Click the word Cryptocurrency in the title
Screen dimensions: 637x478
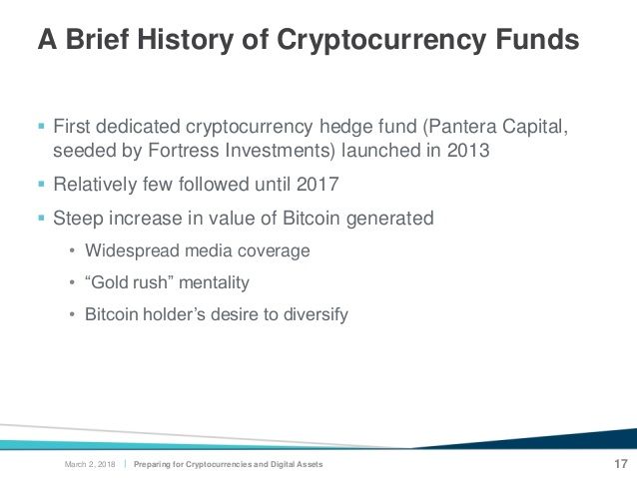coord(381,41)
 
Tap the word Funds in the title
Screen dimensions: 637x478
coord(537,39)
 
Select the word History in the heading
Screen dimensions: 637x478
coord(186,40)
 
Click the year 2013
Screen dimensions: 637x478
coord(468,151)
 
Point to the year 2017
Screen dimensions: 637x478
coord(318,184)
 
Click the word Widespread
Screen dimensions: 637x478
coord(132,250)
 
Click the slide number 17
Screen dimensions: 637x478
coord(621,464)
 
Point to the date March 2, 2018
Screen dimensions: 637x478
coord(90,464)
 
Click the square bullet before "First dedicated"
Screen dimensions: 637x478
coord(41,126)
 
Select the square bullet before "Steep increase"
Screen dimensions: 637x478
coord(41,219)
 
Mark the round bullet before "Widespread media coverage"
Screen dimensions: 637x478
coord(72,251)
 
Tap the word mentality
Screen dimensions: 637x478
coord(214,282)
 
